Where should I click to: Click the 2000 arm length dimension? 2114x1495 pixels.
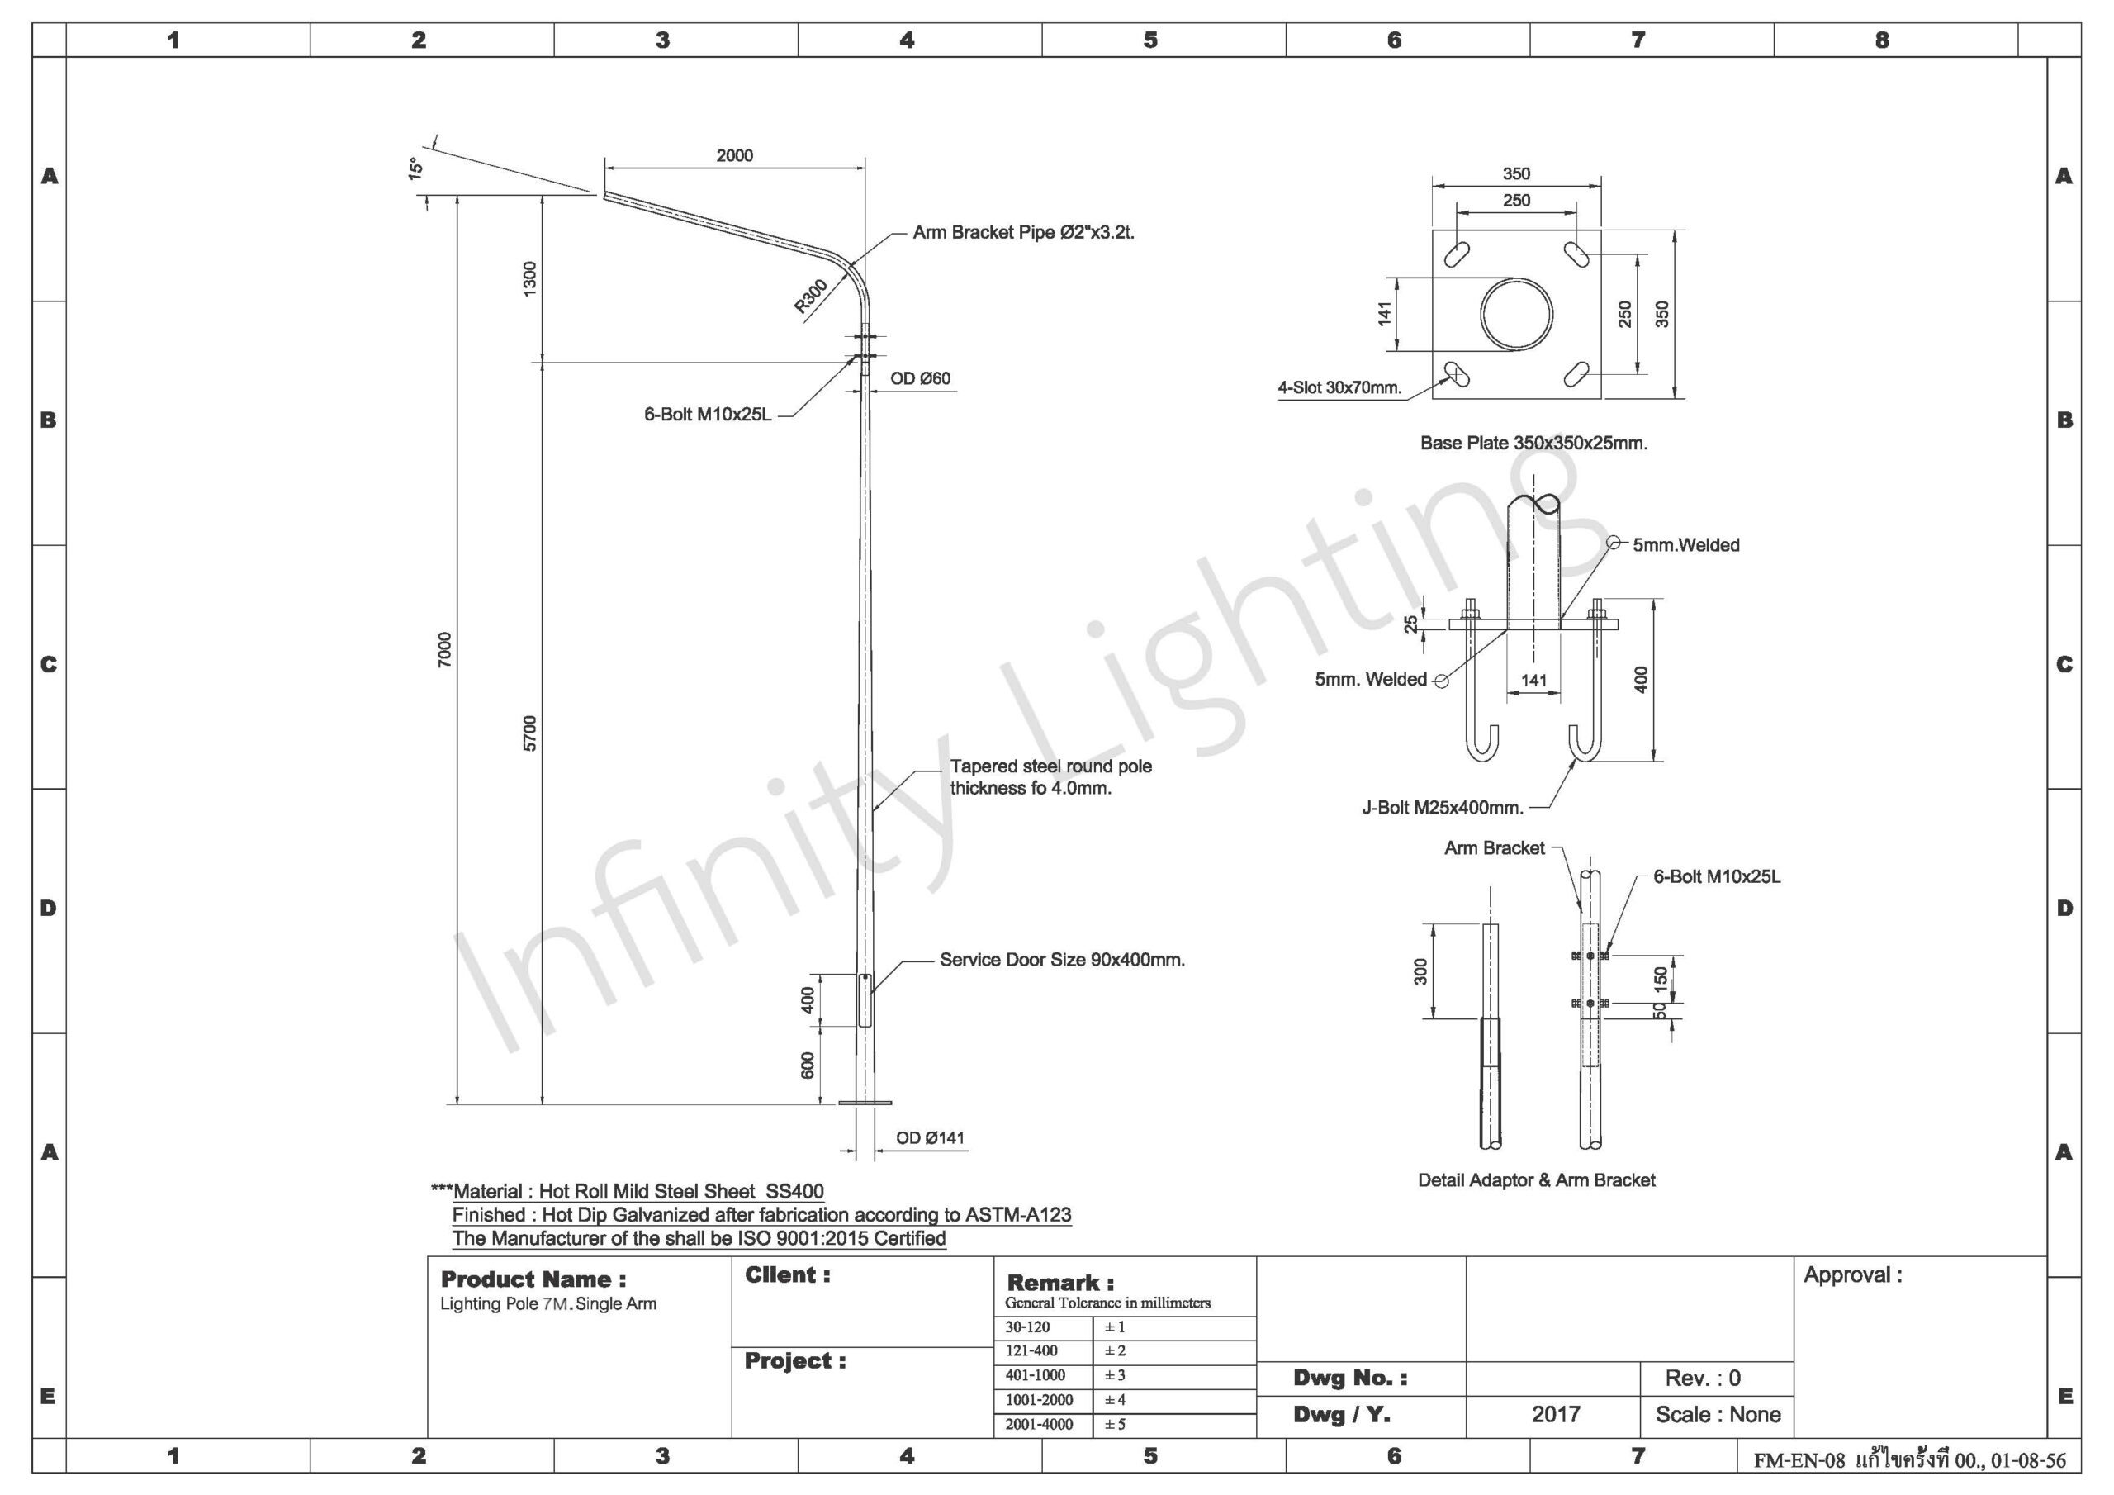point(734,155)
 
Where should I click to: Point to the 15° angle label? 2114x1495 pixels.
point(415,168)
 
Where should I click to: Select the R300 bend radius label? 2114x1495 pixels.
point(811,297)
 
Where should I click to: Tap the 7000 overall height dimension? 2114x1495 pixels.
point(445,649)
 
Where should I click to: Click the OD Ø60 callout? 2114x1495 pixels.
point(920,378)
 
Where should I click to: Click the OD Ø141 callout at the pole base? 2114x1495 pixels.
point(930,1137)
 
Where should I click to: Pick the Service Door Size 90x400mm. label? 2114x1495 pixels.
point(1062,960)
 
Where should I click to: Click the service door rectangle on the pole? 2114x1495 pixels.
point(865,999)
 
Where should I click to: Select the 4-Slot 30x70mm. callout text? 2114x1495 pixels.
point(1339,388)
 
